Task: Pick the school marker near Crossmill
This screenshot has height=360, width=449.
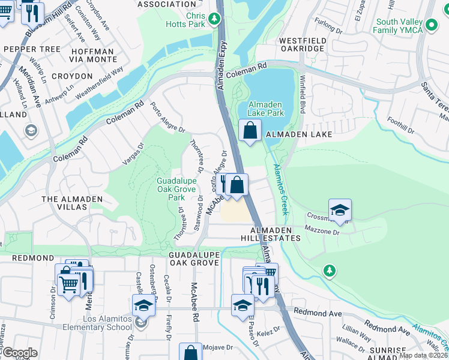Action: pyautogui.click(x=340, y=210)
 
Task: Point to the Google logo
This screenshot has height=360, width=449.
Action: pyautogui.click(x=20, y=353)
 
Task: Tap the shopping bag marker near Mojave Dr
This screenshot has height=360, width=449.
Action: pyautogui.click(x=191, y=353)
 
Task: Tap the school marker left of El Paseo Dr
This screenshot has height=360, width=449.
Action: pyautogui.click(x=243, y=305)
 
